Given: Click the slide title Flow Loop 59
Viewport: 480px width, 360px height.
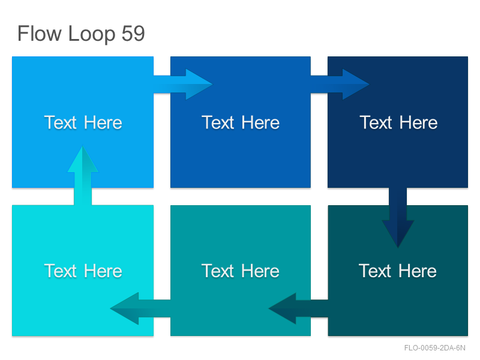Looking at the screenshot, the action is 81,34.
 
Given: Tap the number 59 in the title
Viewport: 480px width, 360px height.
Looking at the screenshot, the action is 133,33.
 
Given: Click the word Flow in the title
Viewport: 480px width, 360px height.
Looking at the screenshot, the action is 40,33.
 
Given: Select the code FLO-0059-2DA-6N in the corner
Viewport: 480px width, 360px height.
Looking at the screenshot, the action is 434,348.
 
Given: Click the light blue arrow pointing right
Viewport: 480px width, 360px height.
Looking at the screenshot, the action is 183,84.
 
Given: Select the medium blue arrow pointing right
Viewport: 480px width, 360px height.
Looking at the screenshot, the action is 340,84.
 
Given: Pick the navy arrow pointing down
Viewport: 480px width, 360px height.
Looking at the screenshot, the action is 398,217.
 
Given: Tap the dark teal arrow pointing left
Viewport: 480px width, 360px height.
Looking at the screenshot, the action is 298,308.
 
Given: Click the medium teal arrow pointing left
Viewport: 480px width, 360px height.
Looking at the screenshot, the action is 140,308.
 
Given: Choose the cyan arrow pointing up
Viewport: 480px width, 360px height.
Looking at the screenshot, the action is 83,175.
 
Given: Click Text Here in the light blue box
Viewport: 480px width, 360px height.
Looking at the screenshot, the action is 83,123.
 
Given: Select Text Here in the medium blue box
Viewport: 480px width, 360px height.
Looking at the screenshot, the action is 241,123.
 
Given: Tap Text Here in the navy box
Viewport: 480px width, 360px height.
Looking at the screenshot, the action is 398,123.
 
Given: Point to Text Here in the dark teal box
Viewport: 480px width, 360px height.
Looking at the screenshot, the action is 397,271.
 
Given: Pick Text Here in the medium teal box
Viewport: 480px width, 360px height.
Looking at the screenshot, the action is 241,271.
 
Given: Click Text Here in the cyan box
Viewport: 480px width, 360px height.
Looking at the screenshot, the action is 83,271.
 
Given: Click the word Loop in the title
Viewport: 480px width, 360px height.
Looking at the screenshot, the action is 92,34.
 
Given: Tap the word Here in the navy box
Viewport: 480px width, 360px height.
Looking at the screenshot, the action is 418,123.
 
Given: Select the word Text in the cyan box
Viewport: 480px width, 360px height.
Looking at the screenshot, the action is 61,271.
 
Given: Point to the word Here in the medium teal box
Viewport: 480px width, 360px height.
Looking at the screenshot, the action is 260,271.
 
